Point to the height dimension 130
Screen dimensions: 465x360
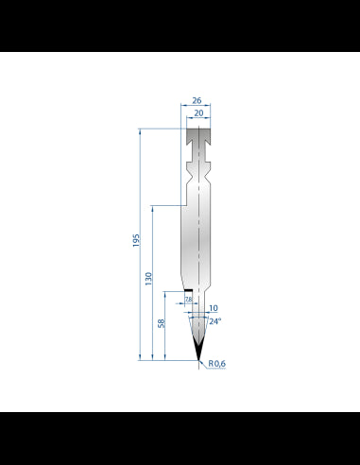pos(148,279)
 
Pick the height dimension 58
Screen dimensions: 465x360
pos(162,323)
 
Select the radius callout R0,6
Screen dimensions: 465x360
pos(217,363)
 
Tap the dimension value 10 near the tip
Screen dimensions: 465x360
pos(213,308)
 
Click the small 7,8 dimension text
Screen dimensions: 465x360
pos(189,300)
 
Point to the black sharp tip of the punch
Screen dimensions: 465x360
pos(197,352)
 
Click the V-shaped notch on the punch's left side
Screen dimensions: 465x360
pos(185,174)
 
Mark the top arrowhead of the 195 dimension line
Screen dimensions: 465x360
pos(141,131)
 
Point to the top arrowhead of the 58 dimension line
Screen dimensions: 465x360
pos(165,294)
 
